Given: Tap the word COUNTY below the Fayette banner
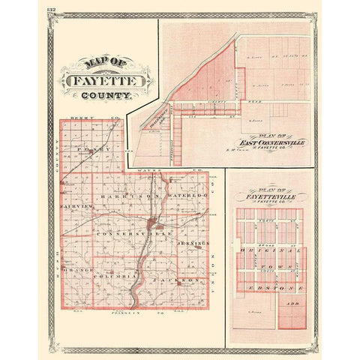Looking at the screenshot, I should point(109,96).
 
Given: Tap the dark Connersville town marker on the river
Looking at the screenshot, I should point(153,223).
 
